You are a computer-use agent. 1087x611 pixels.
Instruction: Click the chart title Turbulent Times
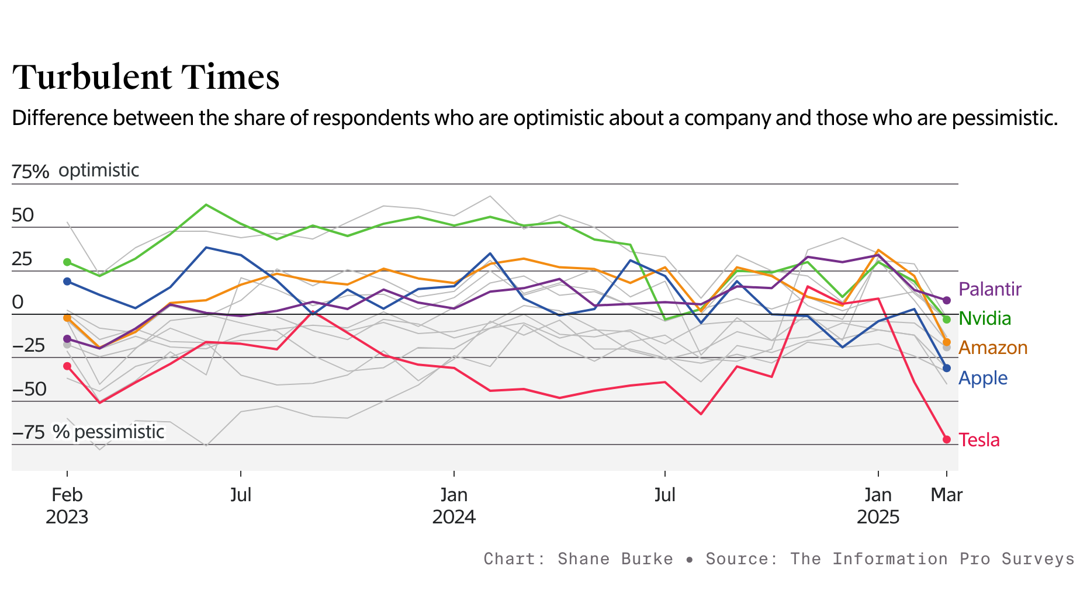146,77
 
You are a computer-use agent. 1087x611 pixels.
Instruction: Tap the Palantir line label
990,289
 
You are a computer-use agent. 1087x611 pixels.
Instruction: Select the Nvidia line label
985,318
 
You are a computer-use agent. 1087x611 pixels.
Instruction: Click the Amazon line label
993,348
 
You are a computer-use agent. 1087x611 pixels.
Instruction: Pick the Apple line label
983,378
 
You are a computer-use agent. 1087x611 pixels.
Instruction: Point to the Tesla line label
979,440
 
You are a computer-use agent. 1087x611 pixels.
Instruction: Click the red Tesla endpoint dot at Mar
947,439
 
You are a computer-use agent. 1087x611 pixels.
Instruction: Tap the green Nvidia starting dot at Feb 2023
67,262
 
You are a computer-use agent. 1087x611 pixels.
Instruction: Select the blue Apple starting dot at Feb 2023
67,282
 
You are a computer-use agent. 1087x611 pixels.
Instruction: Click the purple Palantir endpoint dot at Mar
947,300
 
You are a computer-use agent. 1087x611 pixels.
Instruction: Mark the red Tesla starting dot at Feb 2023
67,366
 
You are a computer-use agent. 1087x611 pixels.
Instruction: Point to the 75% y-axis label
30,172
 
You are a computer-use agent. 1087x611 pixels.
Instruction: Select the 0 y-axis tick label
18,302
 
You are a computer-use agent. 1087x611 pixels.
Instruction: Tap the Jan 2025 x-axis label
878,506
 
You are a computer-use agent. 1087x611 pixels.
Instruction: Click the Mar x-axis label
946,495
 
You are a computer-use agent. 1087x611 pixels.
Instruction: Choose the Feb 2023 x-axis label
67,506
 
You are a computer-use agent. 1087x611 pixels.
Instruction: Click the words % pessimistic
109,432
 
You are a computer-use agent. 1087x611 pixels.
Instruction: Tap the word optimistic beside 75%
99,171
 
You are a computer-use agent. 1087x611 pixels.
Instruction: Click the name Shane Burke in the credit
615,559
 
